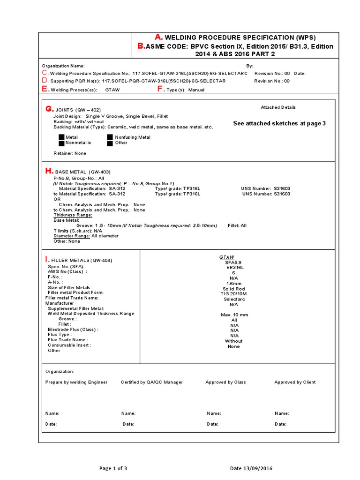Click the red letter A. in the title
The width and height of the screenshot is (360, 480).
(159, 37)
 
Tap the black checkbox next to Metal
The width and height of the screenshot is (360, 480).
(61, 137)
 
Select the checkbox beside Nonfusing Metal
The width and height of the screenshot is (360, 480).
(110, 137)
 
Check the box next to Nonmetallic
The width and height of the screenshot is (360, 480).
(61, 143)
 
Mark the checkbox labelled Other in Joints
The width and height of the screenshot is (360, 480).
(110, 143)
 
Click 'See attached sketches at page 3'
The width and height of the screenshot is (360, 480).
(279, 123)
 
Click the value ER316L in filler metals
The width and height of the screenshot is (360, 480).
(233, 267)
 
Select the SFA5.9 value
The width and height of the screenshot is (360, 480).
(233, 262)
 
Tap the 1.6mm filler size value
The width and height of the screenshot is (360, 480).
(233, 283)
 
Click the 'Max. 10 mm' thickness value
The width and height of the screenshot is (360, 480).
(234, 315)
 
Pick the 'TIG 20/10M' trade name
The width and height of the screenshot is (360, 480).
(234, 294)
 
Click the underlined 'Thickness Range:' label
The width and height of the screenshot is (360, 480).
(73, 215)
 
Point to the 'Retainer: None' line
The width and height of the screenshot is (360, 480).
(70, 153)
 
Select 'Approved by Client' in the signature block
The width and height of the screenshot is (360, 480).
(295, 382)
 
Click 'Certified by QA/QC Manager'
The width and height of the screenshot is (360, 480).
(152, 382)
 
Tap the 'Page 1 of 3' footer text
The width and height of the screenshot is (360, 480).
(113, 468)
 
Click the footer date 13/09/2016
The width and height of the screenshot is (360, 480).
(251, 468)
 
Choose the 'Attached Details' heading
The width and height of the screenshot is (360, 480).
(278, 107)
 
